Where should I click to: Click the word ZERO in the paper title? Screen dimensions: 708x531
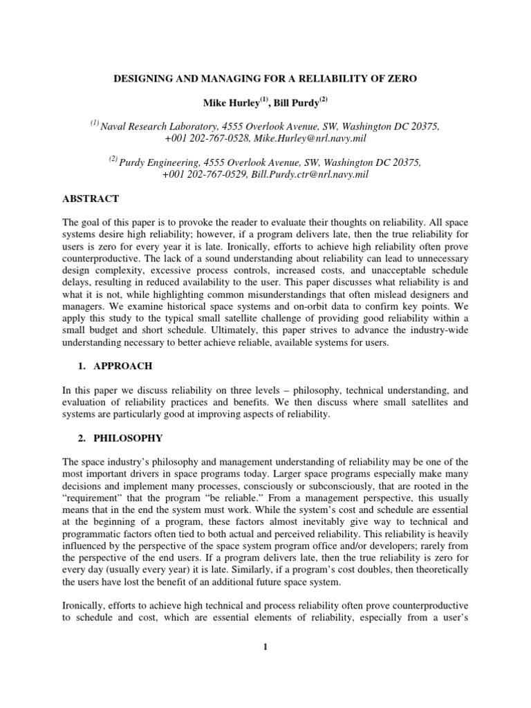tap(397, 79)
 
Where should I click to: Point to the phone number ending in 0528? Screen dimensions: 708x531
tap(204, 139)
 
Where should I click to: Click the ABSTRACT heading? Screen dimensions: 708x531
tap(91, 199)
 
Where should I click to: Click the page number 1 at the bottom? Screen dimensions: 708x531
tap(265, 647)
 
